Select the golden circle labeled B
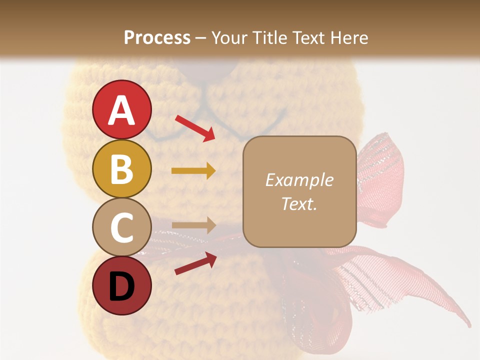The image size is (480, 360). (121, 168)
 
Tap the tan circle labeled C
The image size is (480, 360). (121, 227)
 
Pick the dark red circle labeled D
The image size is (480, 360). (121, 285)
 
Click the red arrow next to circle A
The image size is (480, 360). (195, 127)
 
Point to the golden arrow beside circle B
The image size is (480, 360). (193, 171)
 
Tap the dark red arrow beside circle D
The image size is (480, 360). (195, 263)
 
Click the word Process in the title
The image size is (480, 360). (157, 37)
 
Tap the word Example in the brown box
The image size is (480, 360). (299, 180)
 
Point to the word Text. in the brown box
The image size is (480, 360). (299, 203)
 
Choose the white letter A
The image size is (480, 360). (121, 110)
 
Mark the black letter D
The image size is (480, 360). (121, 287)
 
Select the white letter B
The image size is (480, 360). (121, 168)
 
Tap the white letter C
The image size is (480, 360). (121, 227)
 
